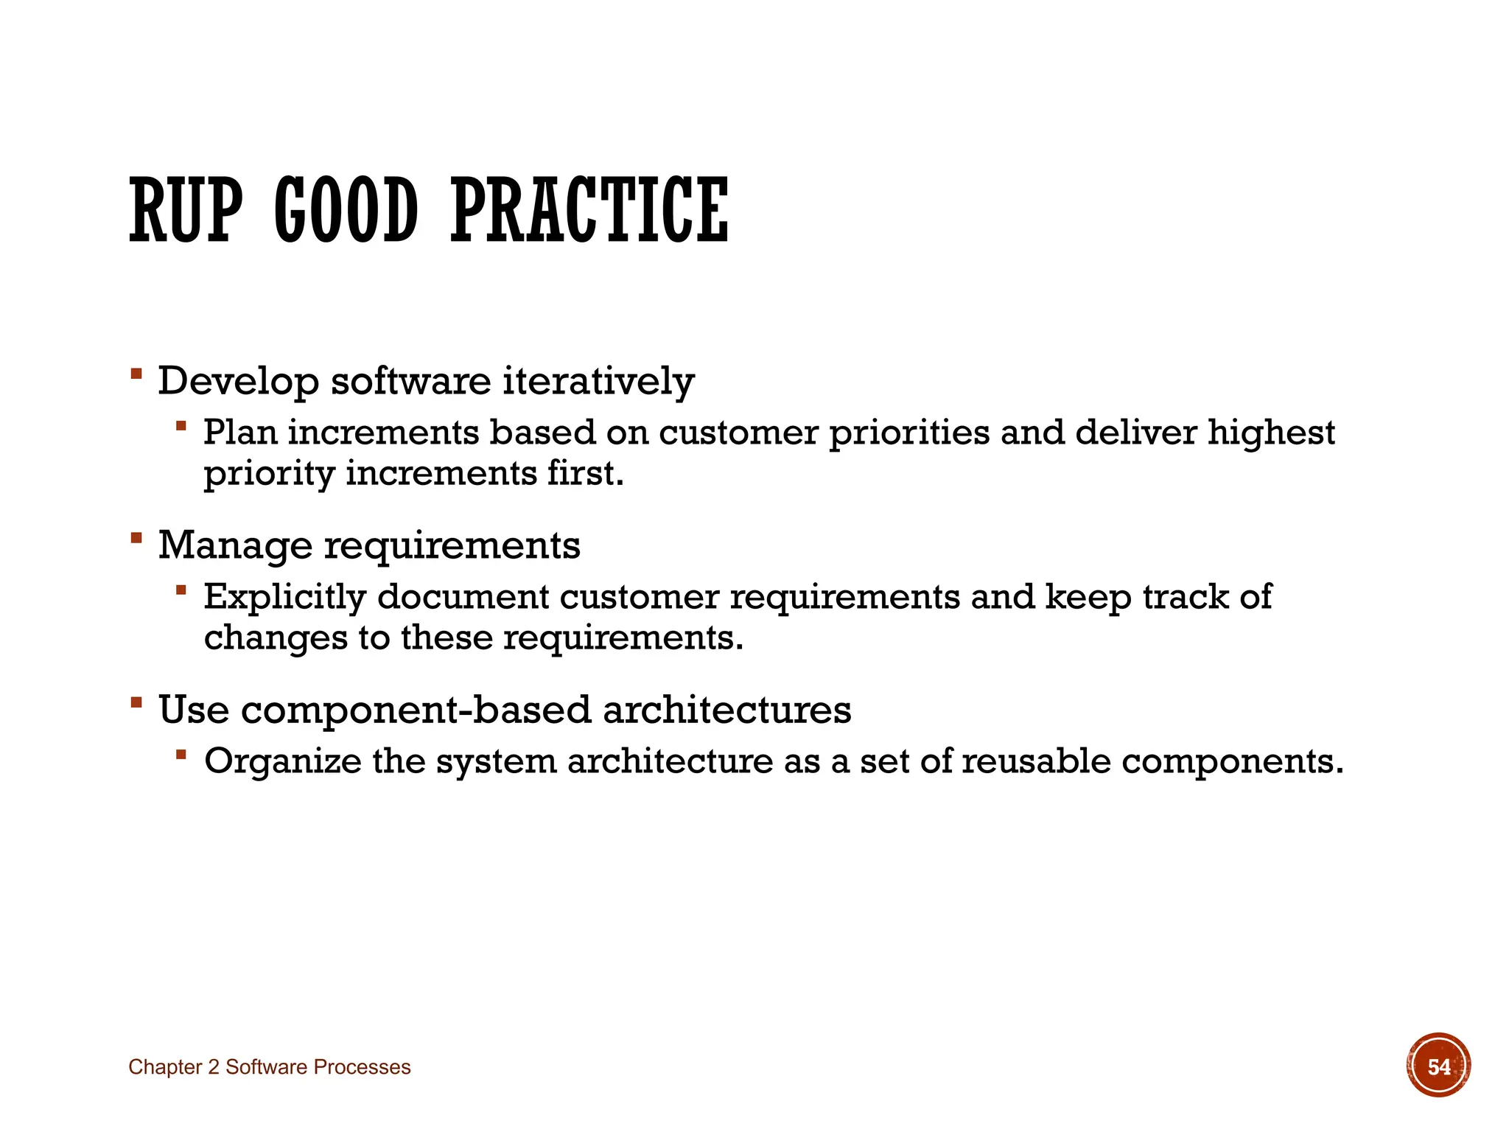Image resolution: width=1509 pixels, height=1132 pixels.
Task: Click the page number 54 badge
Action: pos(1438,1066)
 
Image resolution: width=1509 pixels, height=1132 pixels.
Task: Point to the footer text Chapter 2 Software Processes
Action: pos(269,1067)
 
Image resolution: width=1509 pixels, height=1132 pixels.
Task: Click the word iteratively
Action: pos(598,382)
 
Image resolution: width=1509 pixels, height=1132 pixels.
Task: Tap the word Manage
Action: pos(235,546)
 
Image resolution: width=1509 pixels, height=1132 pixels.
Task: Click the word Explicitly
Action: pos(284,598)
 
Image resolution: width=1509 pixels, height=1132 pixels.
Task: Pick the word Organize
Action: pos(282,761)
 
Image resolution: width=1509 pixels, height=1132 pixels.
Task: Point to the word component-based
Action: pos(416,710)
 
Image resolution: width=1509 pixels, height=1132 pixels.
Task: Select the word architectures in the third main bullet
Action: pos(727,710)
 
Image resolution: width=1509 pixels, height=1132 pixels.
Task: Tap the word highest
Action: pos(1270,433)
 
